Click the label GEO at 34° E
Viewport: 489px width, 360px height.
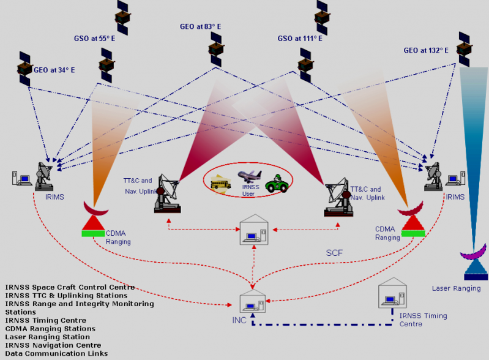click(x=55, y=70)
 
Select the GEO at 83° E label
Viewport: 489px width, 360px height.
click(x=200, y=27)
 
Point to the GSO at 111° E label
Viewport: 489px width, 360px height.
click(x=300, y=38)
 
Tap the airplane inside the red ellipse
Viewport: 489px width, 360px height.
click(x=250, y=176)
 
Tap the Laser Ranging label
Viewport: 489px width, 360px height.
click(x=455, y=288)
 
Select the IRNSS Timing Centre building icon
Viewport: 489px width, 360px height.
click(x=392, y=293)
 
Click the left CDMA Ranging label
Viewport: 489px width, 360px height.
click(x=119, y=238)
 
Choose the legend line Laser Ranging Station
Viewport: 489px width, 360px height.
click(x=47, y=337)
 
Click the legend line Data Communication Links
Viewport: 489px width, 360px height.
click(x=56, y=353)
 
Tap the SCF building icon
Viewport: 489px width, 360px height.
click(x=253, y=230)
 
